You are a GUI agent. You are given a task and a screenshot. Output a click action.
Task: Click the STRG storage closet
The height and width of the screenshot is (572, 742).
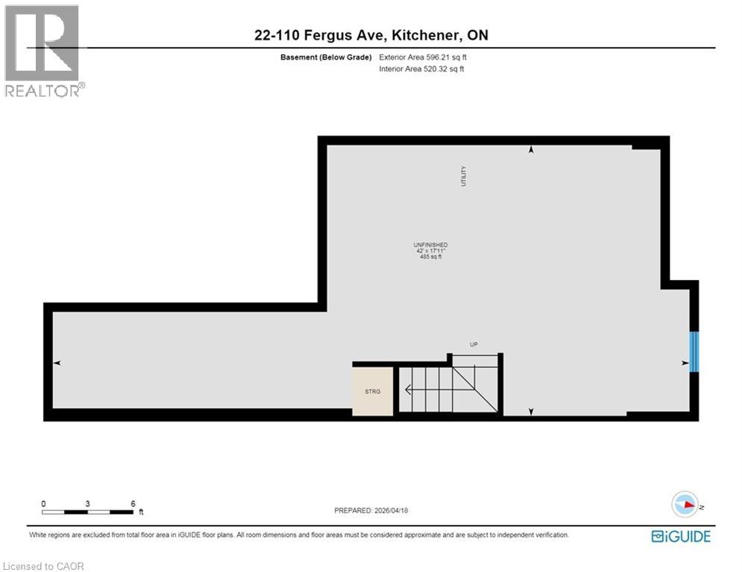(372, 390)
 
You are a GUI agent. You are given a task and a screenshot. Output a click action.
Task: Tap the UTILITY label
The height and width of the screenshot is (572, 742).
(463, 176)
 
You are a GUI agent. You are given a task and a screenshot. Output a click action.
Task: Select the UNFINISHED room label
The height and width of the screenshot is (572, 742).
(430, 245)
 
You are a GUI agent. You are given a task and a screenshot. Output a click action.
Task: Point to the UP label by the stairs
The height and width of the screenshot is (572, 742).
(473, 344)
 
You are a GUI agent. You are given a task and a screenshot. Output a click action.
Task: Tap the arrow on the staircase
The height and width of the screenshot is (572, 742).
(407, 389)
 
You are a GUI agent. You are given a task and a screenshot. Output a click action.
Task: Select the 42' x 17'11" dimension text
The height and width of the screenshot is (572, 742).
(430, 251)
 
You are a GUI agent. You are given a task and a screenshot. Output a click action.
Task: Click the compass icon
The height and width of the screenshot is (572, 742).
(684, 506)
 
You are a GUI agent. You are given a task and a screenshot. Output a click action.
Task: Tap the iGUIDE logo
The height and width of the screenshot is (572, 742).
(680, 536)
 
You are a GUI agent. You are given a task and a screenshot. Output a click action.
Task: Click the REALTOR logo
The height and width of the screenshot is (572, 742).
(43, 51)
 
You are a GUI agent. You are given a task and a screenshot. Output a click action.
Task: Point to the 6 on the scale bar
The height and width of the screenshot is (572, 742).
(133, 503)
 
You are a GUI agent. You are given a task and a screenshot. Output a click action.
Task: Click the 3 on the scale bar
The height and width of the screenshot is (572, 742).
(88, 503)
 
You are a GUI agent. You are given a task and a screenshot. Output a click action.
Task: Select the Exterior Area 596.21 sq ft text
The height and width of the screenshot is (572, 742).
(423, 57)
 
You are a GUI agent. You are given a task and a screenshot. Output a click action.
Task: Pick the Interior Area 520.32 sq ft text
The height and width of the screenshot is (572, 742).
(421, 69)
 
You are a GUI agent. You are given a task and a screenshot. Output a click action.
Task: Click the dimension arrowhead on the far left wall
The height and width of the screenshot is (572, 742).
(57, 363)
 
